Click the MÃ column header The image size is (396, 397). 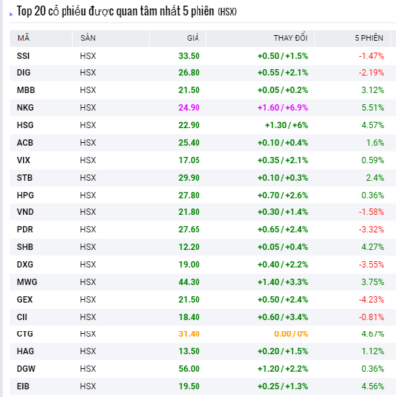point(23,38)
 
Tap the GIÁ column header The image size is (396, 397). point(193,38)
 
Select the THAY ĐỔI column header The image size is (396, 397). point(290,38)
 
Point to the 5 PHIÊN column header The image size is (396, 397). point(369,38)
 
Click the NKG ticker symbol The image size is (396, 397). point(25,108)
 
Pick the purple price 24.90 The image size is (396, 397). point(189,108)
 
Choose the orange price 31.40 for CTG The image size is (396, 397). point(189,334)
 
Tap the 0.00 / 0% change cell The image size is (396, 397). point(291,334)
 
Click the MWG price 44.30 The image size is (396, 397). point(189,282)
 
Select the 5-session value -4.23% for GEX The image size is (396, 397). point(371,300)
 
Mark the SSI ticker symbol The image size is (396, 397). point(23,56)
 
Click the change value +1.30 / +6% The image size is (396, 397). point(286,125)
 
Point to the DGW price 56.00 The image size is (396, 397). point(189,369)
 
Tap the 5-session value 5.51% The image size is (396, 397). point(373,108)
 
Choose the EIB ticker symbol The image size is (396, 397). point(23,386)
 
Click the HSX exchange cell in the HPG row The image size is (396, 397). point(88,195)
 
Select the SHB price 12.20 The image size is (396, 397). point(189,247)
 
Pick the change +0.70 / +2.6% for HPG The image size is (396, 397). point(283,195)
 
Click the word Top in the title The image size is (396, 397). point(24,12)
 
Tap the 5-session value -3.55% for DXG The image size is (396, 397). point(371,265)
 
